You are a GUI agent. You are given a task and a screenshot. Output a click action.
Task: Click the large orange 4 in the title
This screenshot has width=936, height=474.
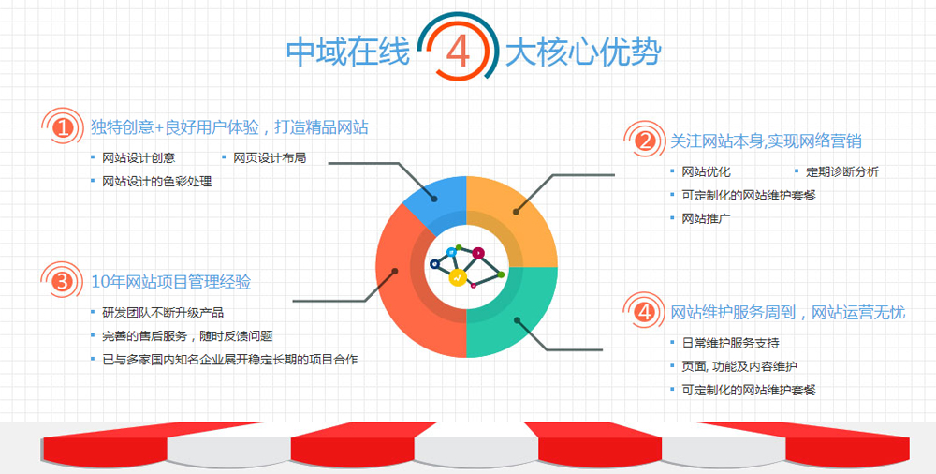point(458,52)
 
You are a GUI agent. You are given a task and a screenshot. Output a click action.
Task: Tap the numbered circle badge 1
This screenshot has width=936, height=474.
point(62,127)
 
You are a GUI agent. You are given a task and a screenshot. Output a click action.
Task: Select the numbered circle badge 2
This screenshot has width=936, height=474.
point(644,141)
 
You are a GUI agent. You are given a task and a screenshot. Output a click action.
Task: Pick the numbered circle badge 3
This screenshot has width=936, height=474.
point(62,282)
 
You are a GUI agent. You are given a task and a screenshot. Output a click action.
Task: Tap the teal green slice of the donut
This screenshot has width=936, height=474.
point(513,317)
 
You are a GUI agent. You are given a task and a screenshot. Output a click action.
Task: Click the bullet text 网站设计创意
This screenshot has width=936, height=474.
point(139,157)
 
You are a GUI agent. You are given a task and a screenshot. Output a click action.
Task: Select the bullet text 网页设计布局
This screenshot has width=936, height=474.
point(270,157)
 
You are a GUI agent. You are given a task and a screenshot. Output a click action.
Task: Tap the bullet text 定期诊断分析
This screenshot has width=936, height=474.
point(842,172)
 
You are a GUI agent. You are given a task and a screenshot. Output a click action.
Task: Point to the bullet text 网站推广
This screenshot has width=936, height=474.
point(706,219)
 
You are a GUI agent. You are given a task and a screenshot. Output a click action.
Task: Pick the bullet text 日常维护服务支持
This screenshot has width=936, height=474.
point(731,343)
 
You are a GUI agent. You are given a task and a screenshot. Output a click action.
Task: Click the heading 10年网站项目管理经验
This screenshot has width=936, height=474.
point(170,282)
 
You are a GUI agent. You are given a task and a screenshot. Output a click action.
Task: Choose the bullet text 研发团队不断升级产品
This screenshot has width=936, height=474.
point(163,313)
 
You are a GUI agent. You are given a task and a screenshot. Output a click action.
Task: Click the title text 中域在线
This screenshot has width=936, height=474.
point(348,52)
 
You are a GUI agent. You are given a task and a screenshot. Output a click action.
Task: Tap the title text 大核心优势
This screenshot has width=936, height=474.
point(582,52)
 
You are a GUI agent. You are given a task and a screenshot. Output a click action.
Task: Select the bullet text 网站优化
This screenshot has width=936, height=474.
point(706,172)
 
